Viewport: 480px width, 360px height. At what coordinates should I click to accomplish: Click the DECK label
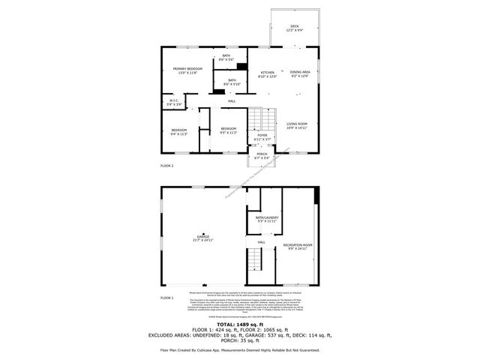[295, 26]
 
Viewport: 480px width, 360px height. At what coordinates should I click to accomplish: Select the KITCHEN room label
[268, 73]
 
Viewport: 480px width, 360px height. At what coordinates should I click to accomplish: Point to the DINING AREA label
[299, 72]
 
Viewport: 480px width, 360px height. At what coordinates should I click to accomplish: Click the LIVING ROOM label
[297, 124]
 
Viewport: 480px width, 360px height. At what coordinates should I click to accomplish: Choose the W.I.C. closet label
[173, 100]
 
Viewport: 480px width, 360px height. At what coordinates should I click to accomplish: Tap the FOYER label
[262, 136]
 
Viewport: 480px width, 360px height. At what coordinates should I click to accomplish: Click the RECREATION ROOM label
[298, 245]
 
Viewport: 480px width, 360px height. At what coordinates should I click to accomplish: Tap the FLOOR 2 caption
[166, 165]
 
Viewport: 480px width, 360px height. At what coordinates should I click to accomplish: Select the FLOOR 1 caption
[166, 298]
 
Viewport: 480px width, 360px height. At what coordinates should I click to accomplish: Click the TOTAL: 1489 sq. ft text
[240, 324]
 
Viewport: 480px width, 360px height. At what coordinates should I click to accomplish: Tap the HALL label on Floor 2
[232, 101]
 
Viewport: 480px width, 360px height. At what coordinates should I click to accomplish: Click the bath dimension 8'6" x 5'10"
[232, 83]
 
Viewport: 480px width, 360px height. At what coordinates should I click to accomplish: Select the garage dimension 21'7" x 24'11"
[203, 240]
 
